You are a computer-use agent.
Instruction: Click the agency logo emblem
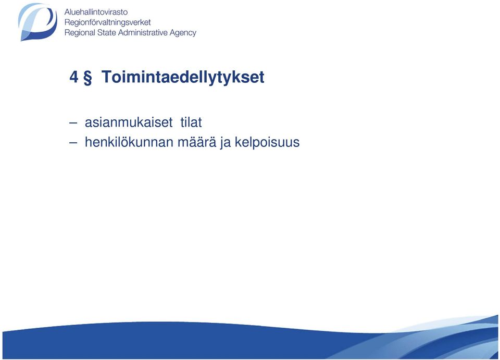[37, 22]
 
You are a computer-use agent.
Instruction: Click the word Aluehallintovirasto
[96, 12]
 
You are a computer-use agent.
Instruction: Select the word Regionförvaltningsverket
[107, 22]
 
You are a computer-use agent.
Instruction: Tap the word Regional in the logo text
[80, 33]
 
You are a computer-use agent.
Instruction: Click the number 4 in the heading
[73, 77]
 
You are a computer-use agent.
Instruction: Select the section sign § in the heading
[87, 78]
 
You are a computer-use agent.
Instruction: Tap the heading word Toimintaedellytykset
[183, 78]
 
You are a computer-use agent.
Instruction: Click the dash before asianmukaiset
[73, 123]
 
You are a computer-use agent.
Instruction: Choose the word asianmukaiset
[129, 122]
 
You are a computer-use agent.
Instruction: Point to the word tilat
[191, 122]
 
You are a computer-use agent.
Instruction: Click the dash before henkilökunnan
[73, 143]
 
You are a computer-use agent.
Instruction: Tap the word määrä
[196, 142]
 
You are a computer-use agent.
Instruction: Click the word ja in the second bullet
[225, 143]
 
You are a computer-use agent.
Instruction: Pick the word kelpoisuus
[267, 143]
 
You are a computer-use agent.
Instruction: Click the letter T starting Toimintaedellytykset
[107, 77]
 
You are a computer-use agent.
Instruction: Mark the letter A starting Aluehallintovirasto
[67, 12]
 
